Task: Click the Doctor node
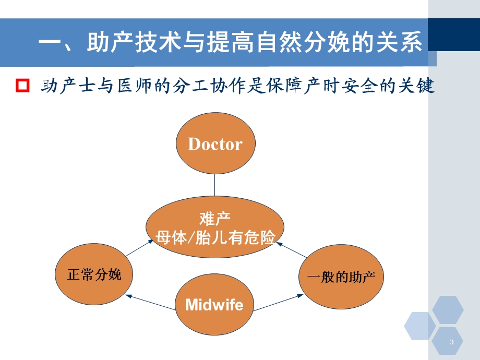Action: coord(215,145)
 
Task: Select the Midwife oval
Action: coord(214,304)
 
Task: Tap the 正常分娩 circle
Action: coord(94,274)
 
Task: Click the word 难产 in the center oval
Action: coord(215,218)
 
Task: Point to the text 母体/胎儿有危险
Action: coord(215,238)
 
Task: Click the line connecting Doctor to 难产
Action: coord(215,187)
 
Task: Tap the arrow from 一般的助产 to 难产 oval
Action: coord(292,249)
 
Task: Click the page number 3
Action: coord(451,342)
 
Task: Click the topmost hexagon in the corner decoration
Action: coord(448,309)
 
